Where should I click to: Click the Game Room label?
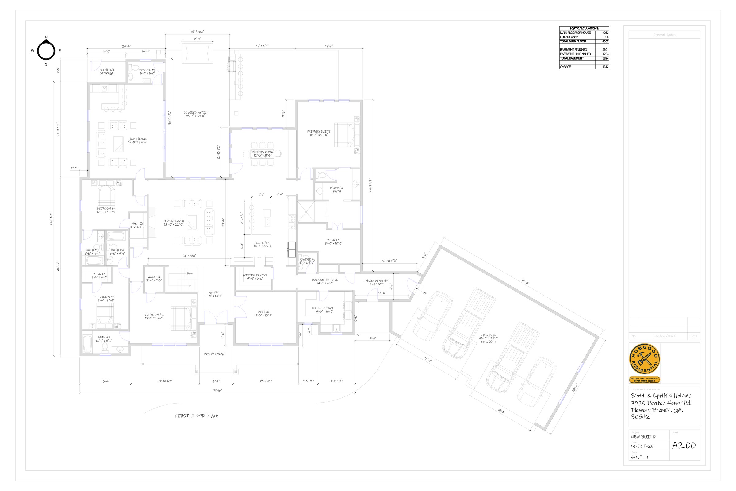[137, 141]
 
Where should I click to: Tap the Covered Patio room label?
[195, 114]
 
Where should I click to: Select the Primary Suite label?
[319, 133]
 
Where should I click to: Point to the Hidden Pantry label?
[255, 277]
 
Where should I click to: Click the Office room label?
[263, 313]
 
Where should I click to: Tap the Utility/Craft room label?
[324, 310]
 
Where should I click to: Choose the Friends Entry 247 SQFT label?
[377, 282]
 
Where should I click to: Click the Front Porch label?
[214, 354]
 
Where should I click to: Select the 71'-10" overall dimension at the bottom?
[217, 390]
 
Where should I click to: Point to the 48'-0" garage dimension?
[525, 281]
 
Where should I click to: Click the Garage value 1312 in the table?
[605, 67]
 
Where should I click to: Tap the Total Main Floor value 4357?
[605, 41]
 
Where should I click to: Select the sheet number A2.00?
[684, 445]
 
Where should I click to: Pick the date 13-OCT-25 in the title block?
[642, 446]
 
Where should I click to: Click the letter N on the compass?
[46, 37]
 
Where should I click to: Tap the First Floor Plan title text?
[196, 416]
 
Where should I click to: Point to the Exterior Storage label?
[107, 72]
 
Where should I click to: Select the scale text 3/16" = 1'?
[640, 457]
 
